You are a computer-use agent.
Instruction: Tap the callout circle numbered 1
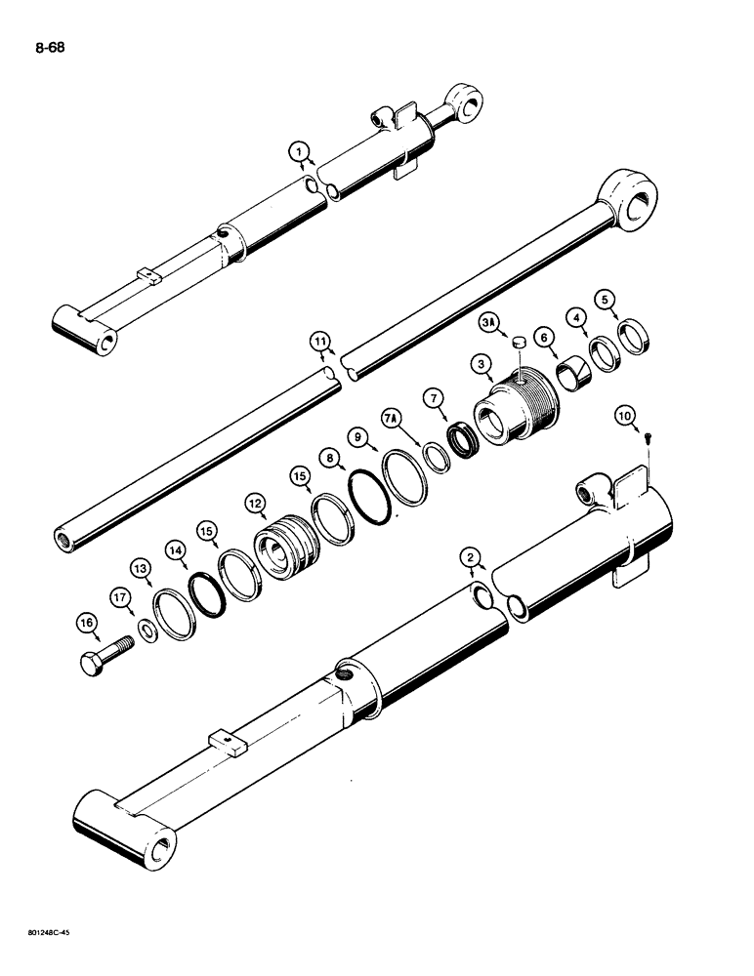299,151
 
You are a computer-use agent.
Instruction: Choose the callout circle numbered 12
257,504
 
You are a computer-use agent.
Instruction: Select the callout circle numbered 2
471,558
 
